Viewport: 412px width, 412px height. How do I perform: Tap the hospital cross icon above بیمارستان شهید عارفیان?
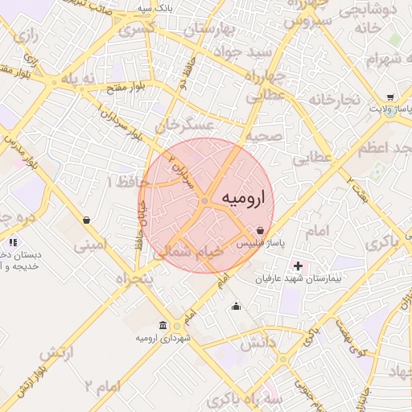pos(299,266)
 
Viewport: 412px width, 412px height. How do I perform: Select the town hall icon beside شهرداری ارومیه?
pos(163,325)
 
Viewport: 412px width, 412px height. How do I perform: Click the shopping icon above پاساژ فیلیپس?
pos(259,231)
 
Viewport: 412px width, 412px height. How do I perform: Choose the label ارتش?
pos(56,352)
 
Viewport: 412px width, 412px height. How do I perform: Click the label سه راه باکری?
pos(245,400)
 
